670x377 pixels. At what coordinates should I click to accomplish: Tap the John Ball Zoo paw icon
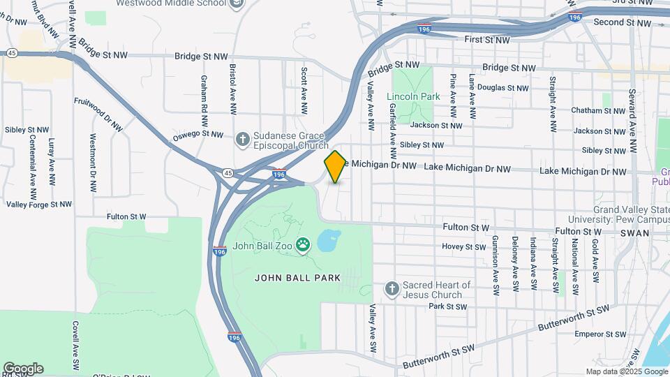point(302,244)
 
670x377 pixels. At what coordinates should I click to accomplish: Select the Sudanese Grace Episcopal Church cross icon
point(242,139)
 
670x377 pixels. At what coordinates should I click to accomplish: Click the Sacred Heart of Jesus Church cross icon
point(392,288)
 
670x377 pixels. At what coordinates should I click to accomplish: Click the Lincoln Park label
point(413,96)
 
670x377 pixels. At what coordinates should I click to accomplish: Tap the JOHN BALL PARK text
point(297,278)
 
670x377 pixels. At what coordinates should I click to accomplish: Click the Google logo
point(23,369)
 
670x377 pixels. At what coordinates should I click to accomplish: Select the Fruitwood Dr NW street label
point(98,110)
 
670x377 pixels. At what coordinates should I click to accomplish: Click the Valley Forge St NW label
point(39,205)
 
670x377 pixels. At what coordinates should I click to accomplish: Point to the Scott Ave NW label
point(304,90)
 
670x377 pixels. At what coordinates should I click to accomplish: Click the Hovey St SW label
point(463,246)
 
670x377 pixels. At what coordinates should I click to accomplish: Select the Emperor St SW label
point(597,334)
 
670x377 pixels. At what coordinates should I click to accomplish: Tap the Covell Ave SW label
point(75,346)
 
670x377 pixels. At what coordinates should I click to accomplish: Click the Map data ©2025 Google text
point(625,371)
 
